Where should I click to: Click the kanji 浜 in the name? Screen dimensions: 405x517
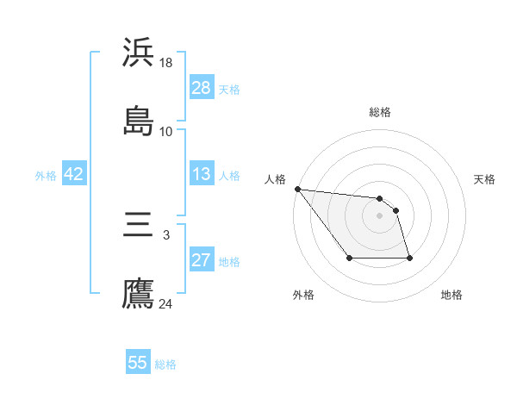point(138,53)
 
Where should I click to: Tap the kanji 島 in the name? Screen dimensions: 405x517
point(138,121)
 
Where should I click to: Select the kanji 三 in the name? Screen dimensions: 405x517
point(138,227)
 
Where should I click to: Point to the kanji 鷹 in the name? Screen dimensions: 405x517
point(138,293)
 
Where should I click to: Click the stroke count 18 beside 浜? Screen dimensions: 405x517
point(167,63)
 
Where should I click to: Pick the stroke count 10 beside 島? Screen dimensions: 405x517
point(166,131)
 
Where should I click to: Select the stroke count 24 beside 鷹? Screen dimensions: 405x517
point(166,303)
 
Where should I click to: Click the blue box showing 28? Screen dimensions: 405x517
point(201,88)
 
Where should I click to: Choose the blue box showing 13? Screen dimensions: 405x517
point(201,174)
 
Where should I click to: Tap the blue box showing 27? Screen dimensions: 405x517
point(201,260)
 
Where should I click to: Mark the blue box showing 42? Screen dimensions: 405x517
point(74,174)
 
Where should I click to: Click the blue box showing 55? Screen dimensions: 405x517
point(138,363)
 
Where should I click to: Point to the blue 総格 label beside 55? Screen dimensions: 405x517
point(165,364)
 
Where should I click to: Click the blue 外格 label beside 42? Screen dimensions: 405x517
point(46,175)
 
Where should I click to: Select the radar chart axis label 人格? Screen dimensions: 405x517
point(276,179)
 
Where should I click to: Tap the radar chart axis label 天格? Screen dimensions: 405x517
point(484,179)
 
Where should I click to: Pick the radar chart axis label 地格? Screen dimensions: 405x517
point(452,295)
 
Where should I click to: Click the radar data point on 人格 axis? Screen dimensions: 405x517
point(297,189)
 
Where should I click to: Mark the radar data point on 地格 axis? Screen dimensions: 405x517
point(409,258)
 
